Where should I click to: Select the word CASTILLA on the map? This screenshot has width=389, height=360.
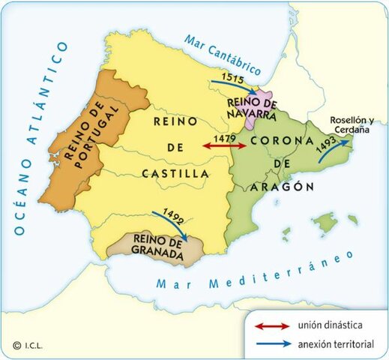pyautogui.click(x=175, y=174)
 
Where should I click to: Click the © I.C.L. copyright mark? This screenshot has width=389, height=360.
pyautogui.click(x=27, y=346)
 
